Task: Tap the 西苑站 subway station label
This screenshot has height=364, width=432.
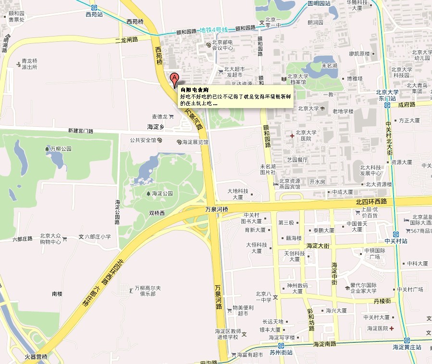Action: pos(94,14)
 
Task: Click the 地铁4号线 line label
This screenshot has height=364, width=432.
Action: pos(213,30)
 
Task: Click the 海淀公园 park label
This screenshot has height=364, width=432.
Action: pos(162,194)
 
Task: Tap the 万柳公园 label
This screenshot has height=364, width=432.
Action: pos(61,149)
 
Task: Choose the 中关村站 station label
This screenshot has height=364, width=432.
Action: pos(396,241)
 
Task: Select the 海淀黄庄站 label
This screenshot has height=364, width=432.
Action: pos(407,347)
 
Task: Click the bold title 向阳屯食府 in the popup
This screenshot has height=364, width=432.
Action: pos(194,90)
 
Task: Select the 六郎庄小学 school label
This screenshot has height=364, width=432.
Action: pos(98,237)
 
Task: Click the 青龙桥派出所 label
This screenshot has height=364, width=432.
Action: pos(30,64)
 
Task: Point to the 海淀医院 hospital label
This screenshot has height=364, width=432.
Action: pos(377,328)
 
